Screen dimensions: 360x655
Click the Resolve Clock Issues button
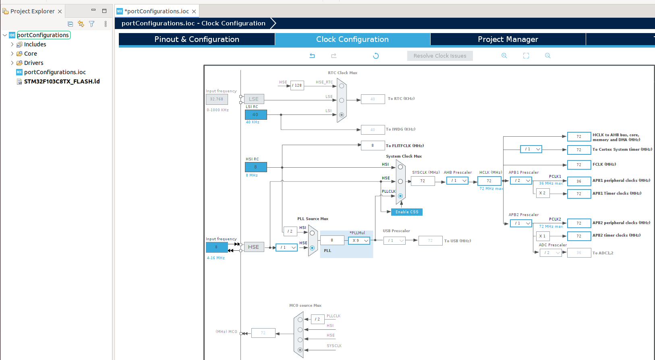[x=440, y=56]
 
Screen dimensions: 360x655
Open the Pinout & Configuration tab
[x=197, y=39]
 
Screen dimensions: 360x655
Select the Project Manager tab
[x=508, y=39]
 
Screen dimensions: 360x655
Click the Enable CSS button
[x=407, y=212]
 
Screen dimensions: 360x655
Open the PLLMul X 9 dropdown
[x=359, y=241]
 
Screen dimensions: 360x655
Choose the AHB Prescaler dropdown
[x=458, y=181]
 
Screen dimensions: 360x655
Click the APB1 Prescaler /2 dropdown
[x=521, y=181]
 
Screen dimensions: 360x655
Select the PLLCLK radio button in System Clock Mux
[x=400, y=196]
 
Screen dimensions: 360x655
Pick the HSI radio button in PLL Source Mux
[x=312, y=233]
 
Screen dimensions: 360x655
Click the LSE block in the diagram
[x=254, y=99]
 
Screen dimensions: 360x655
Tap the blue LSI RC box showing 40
[x=256, y=115]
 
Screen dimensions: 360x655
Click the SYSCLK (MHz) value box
[x=423, y=181]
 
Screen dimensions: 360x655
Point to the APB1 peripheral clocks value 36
[x=579, y=181]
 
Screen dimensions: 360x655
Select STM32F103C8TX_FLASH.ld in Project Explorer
[x=62, y=81]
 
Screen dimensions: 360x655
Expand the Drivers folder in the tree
[x=12, y=63]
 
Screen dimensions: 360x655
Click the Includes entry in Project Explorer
[x=35, y=44]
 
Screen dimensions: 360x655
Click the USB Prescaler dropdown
[x=394, y=241]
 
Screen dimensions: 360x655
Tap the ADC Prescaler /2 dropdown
[x=551, y=253]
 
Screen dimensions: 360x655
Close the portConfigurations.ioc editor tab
[x=194, y=11]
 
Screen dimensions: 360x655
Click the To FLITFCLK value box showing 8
[x=373, y=146]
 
